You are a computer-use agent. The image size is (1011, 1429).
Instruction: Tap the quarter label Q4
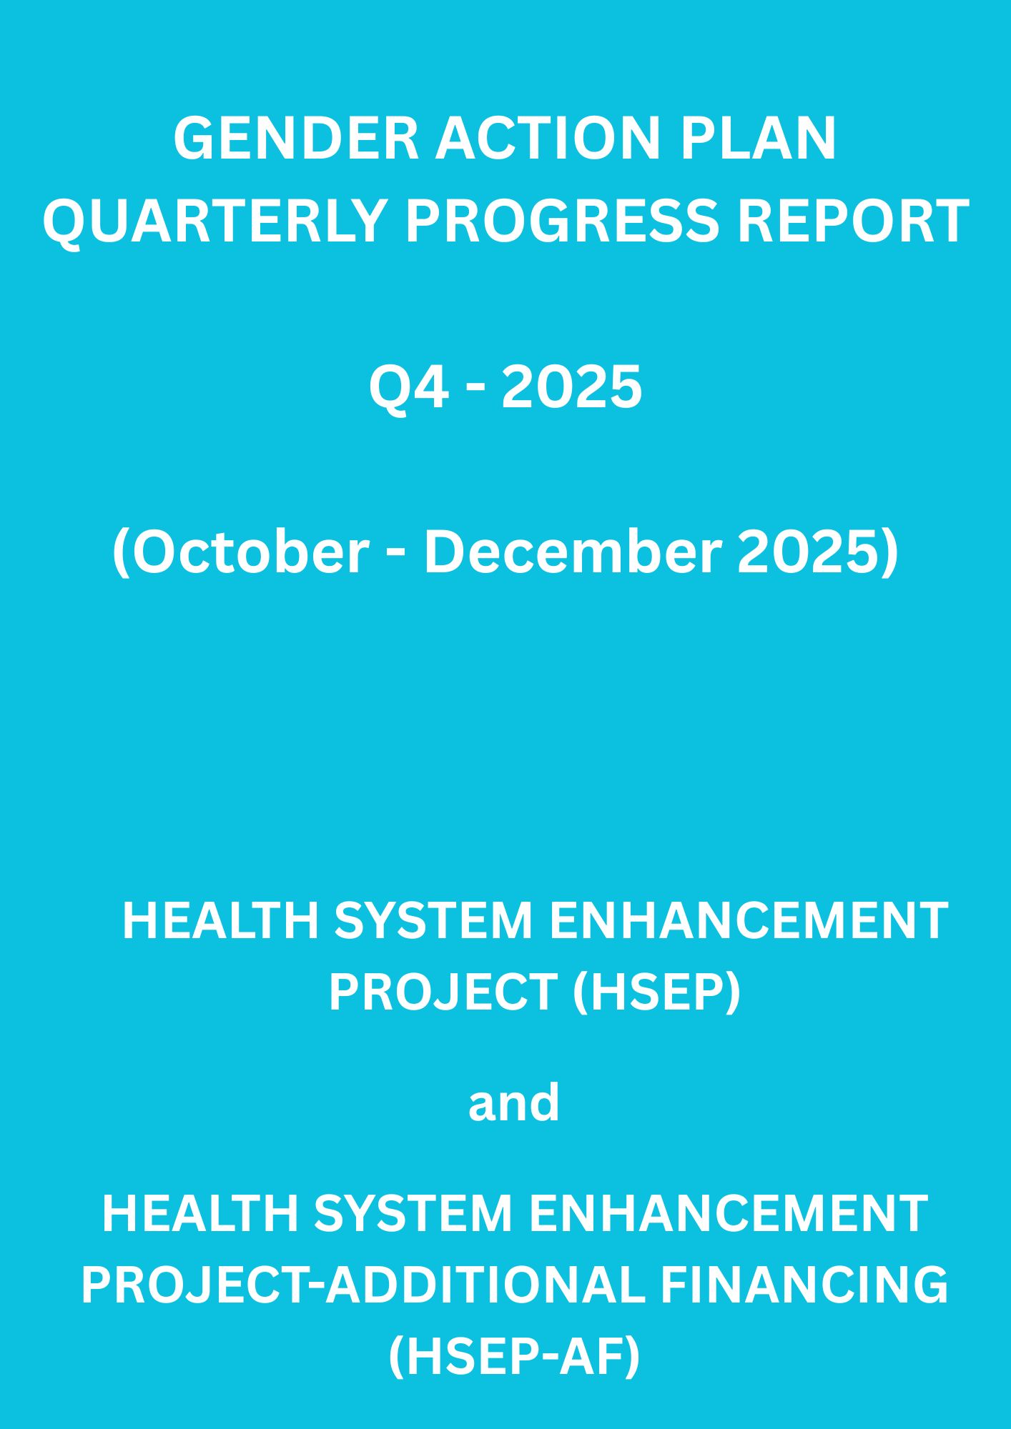409,387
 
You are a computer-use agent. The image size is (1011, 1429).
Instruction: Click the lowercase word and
514,1101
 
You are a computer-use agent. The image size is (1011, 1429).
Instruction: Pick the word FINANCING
804,1284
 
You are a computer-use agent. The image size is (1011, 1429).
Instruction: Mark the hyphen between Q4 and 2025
475,391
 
